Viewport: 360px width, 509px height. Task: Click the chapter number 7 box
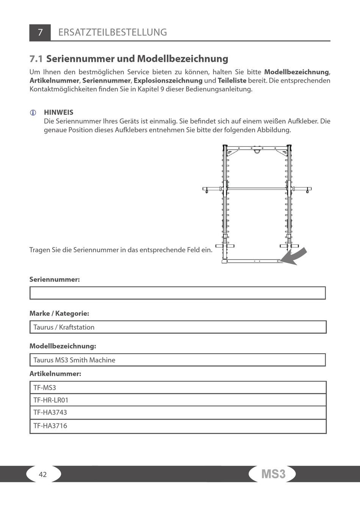(40, 33)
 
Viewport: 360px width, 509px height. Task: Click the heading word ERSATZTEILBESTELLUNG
(113, 32)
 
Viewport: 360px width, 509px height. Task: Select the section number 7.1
(36, 59)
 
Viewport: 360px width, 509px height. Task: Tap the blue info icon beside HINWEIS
(33, 113)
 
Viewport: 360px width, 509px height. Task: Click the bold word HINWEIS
(59, 112)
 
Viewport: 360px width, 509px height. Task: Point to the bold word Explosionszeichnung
(168, 81)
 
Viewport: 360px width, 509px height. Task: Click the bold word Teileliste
(232, 81)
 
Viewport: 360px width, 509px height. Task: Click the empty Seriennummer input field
(177, 293)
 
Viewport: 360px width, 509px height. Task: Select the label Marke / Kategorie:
(59, 313)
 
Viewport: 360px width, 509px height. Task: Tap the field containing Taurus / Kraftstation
(177, 327)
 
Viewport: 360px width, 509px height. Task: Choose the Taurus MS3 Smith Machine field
(177, 360)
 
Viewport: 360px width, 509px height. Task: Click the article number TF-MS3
(45, 388)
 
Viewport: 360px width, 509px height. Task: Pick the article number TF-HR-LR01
(51, 400)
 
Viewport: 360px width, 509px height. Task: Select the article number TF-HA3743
(50, 412)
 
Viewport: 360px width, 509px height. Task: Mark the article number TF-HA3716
(50, 426)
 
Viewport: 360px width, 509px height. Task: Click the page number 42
(43, 475)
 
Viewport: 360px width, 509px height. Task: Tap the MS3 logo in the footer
(273, 474)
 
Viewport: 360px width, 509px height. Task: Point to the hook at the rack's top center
(257, 151)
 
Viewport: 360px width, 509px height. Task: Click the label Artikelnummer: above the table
(55, 374)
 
